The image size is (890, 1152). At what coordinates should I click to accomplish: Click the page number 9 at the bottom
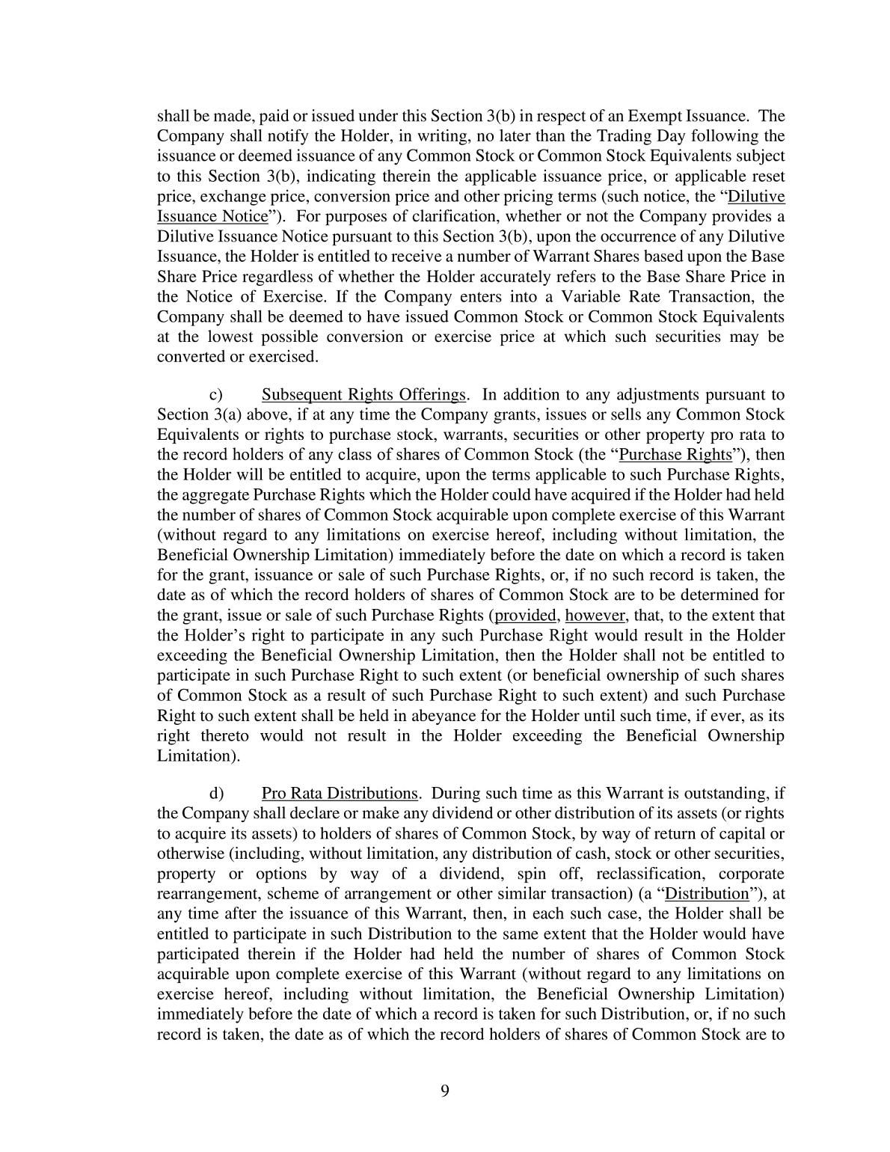(x=445, y=1090)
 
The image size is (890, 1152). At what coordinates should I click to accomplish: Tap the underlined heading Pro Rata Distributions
(x=340, y=794)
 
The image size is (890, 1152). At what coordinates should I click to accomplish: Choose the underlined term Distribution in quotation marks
(x=707, y=894)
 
